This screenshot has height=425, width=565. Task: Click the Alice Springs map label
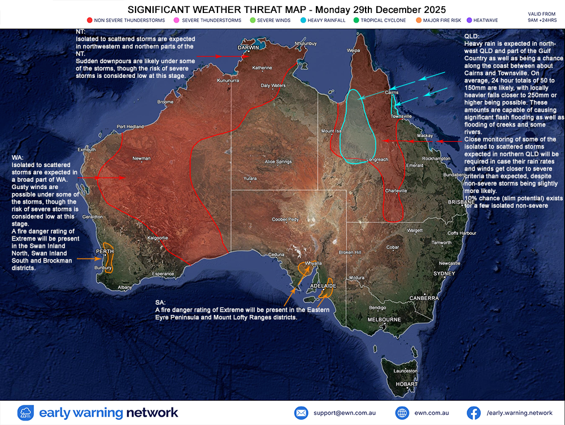tap(278, 161)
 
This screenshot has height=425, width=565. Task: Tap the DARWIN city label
tap(249, 48)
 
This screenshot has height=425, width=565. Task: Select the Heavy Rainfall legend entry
tap(327, 20)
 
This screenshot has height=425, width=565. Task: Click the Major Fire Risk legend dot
tap(419, 20)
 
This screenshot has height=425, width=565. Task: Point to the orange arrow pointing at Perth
tap(86, 258)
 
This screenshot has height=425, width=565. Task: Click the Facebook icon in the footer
tap(474, 413)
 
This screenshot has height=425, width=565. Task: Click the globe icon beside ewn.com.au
tap(402, 413)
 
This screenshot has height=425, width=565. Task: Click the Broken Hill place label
tap(350, 252)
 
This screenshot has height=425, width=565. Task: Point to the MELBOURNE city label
tap(384, 319)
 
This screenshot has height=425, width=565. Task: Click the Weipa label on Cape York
tap(354, 50)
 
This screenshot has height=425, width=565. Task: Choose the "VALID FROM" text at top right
tap(541, 14)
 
